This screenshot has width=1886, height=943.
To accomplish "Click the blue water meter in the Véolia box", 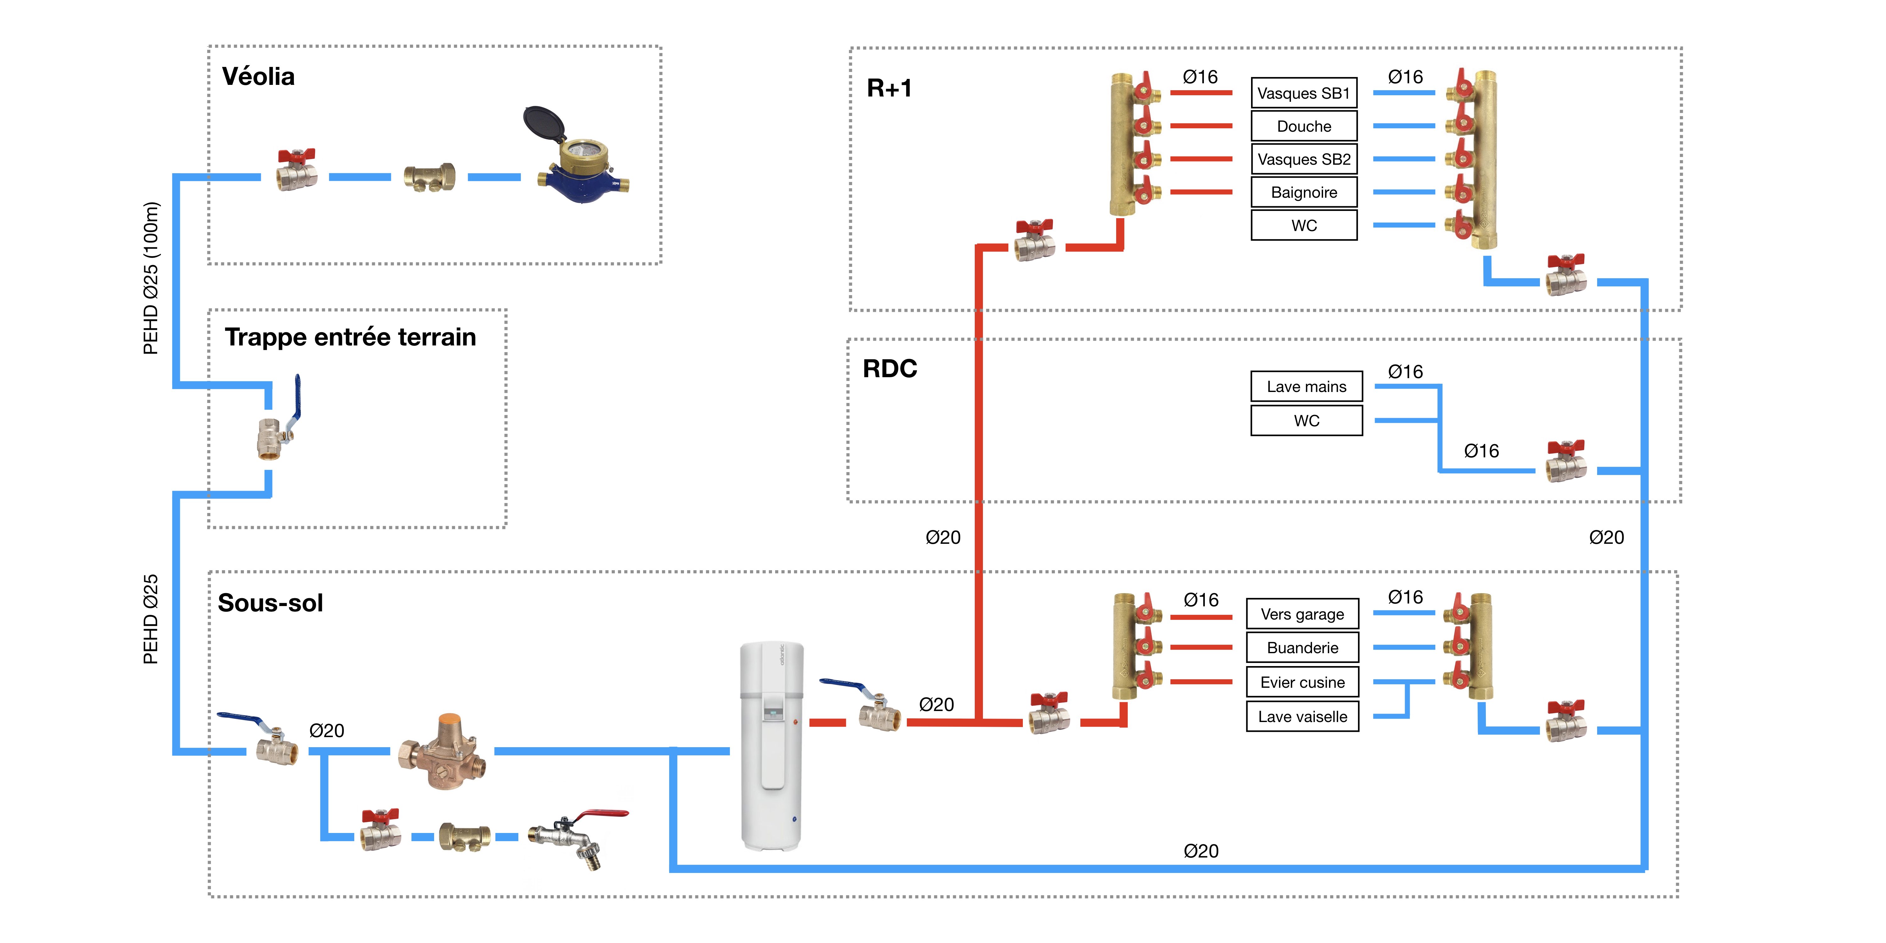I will (583, 176).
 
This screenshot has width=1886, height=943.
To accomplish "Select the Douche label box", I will (1304, 126).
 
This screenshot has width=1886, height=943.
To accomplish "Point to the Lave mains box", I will (1306, 387).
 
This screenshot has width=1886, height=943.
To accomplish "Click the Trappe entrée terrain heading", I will (350, 337).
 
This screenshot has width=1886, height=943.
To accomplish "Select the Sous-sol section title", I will (270, 603).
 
